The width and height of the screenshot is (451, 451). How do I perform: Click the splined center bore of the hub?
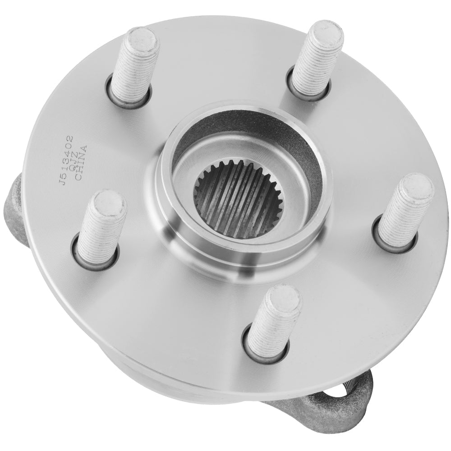pos(238,199)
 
